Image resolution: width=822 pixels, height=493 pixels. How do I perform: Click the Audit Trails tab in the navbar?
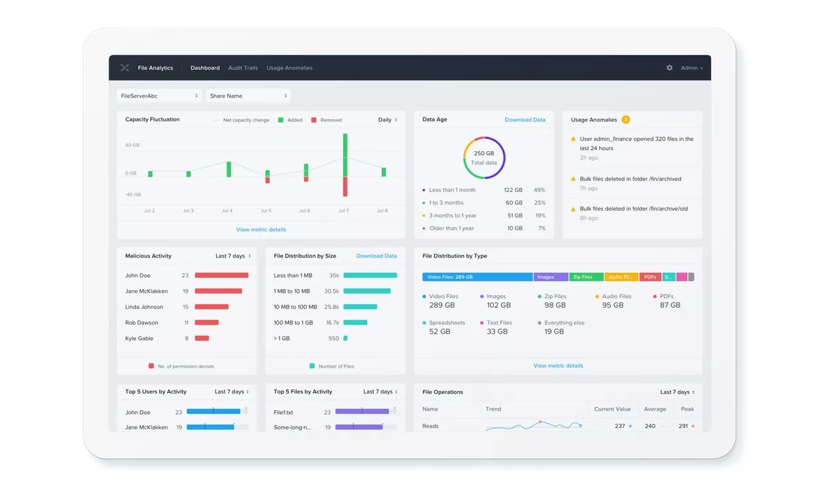(243, 68)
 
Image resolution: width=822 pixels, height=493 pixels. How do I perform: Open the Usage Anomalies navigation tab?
(289, 68)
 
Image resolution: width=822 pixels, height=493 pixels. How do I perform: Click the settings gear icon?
(669, 68)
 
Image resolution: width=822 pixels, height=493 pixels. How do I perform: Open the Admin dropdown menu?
(692, 68)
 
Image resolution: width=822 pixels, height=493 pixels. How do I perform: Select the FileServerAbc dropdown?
(159, 96)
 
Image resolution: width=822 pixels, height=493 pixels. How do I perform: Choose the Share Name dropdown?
(248, 96)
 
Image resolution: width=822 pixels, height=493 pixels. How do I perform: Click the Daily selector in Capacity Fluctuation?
(387, 120)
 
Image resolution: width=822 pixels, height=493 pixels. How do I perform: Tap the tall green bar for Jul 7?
(345, 154)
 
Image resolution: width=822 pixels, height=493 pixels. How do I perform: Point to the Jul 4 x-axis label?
(227, 211)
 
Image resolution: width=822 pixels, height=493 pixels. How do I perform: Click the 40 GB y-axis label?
(132, 145)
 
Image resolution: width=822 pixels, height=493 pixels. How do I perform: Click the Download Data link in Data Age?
(525, 120)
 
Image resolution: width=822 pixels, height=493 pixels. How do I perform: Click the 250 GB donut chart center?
(484, 158)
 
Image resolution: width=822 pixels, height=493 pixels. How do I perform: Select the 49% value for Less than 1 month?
(539, 190)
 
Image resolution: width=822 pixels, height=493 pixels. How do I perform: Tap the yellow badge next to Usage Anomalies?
(625, 120)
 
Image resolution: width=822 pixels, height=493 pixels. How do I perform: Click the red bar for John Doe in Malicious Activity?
(222, 275)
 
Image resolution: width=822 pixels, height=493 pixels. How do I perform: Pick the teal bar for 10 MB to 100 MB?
(360, 307)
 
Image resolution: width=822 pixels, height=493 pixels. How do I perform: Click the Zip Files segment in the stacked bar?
(586, 277)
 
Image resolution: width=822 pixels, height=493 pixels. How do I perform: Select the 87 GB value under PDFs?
(670, 306)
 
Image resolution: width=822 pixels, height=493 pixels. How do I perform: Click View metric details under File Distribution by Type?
(558, 366)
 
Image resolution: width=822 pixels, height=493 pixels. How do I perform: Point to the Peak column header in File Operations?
(687, 409)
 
